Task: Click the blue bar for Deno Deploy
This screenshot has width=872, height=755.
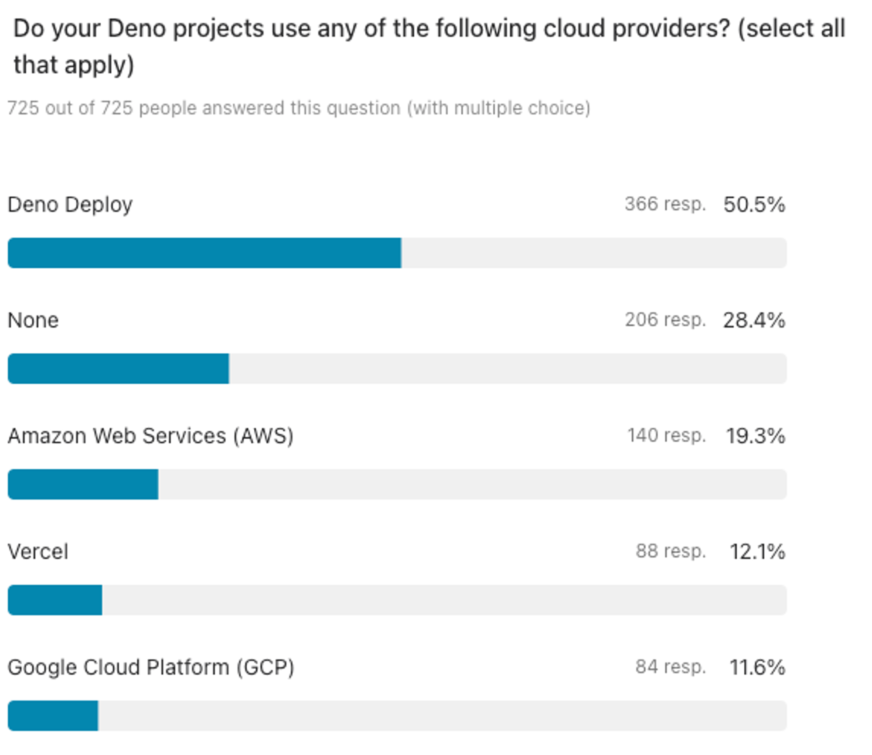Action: (204, 253)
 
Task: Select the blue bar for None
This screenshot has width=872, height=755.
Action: (118, 369)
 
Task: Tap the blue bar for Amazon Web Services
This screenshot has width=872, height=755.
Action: (83, 484)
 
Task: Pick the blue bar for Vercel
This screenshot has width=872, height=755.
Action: (55, 600)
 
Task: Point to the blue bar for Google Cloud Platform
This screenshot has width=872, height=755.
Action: (53, 715)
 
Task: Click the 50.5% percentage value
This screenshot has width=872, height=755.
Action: (754, 205)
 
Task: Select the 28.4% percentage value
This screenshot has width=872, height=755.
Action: (754, 320)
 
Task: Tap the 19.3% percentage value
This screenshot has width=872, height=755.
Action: (755, 436)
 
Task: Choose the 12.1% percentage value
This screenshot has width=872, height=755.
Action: (757, 551)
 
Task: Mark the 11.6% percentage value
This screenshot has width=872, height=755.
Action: (757, 667)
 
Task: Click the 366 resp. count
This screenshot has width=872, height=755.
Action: (665, 204)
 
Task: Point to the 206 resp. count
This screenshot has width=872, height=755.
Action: (665, 320)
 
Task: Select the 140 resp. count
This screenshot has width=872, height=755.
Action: (666, 435)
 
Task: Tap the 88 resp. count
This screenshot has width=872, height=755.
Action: (670, 551)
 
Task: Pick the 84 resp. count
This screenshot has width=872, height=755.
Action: (670, 666)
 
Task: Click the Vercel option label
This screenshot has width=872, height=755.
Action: (38, 551)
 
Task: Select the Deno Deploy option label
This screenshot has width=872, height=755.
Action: (70, 205)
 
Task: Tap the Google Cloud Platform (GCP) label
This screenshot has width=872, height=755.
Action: (151, 667)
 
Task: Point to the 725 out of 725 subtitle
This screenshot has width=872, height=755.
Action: (299, 108)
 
